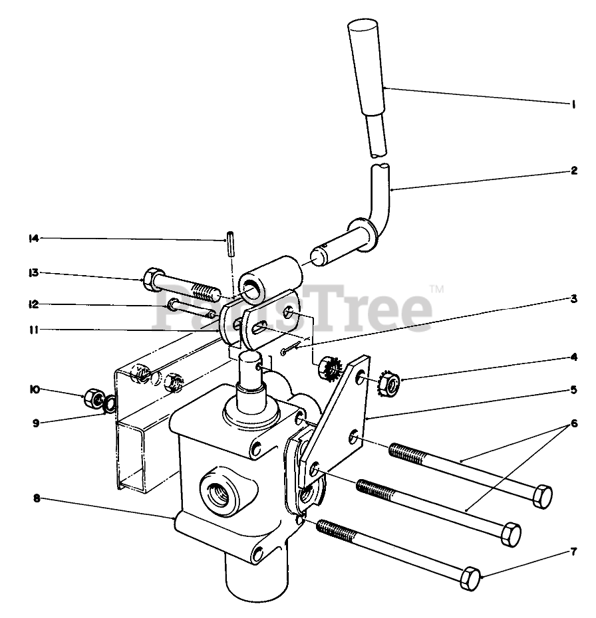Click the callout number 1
point(573,104)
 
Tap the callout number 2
point(573,170)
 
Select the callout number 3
point(573,299)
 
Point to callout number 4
point(573,357)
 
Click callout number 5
point(573,389)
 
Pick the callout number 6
point(573,423)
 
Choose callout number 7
point(573,551)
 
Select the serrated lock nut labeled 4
point(389,383)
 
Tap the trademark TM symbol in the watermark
point(436,288)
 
